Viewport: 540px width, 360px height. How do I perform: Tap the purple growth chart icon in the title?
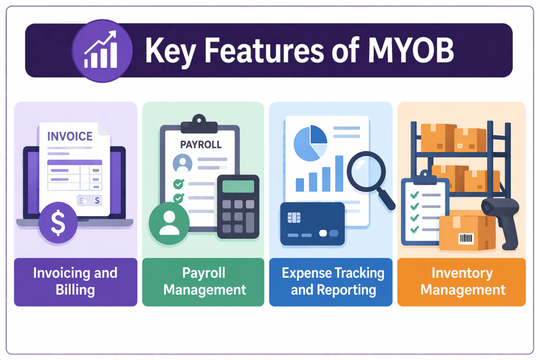(x=102, y=51)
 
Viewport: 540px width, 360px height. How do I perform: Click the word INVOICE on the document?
(x=70, y=136)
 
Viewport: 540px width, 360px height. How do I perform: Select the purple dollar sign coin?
(x=58, y=223)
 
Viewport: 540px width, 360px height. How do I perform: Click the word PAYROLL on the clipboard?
(x=201, y=144)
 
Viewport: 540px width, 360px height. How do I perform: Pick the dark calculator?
(x=238, y=206)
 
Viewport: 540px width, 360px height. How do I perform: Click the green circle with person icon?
(x=169, y=223)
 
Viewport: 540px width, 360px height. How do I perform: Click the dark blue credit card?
(x=312, y=224)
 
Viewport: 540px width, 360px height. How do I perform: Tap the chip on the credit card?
(x=294, y=217)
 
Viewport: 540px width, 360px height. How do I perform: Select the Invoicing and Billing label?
(x=75, y=281)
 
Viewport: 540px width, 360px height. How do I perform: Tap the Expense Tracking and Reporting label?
(x=333, y=281)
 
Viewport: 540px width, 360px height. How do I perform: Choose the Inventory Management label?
(x=462, y=281)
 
